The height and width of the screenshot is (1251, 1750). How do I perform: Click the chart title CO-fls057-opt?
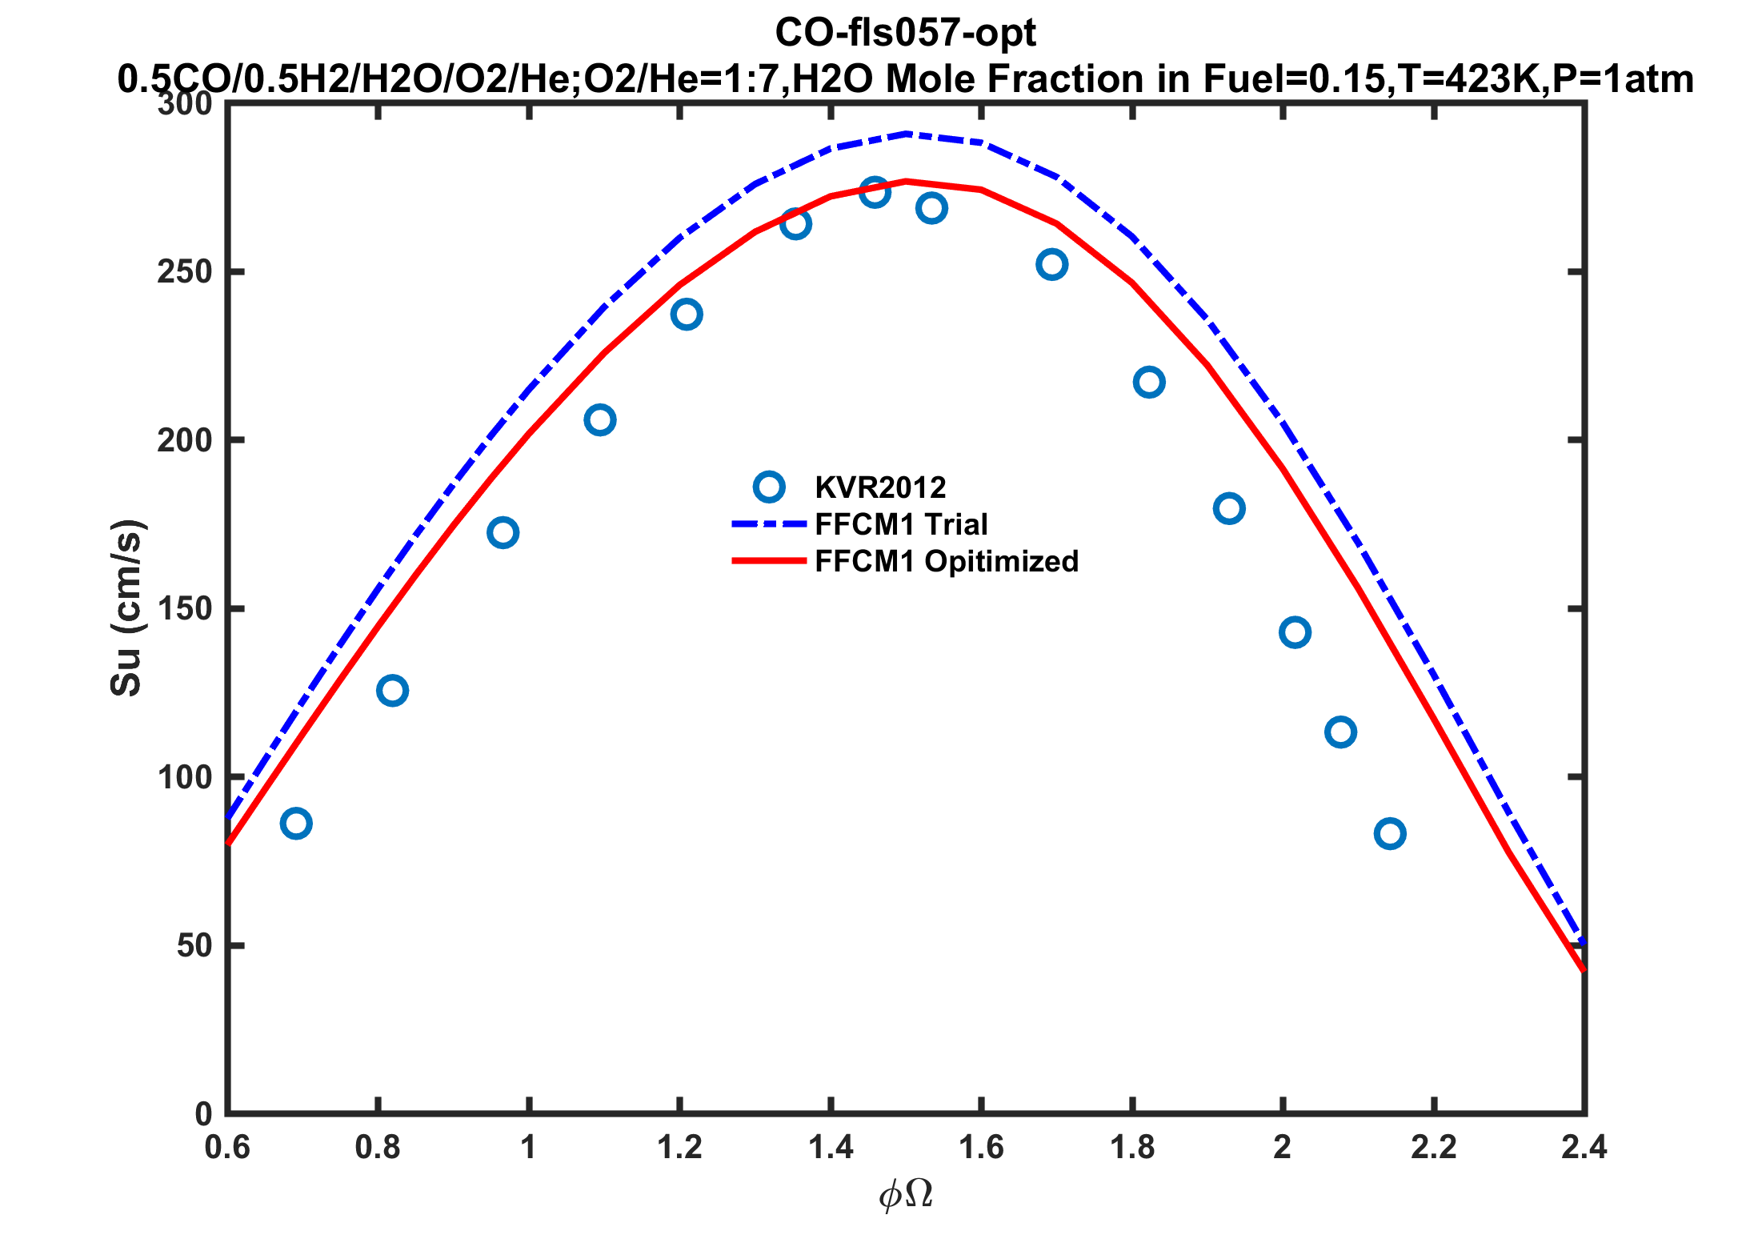[x=905, y=34]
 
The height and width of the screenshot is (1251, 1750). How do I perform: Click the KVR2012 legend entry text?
[x=880, y=487]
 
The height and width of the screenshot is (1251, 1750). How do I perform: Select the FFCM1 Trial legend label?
[x=901, y=524]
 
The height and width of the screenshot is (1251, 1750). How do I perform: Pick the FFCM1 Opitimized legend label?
[x=947, y=561]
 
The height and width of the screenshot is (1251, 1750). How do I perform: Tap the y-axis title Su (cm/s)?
[x=126, y=608]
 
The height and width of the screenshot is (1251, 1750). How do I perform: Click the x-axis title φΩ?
[x=906, y=1195]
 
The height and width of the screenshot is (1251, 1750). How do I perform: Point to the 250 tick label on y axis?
[x=185, y=272]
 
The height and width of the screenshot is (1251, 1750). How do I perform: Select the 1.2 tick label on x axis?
[x=679, y=1148]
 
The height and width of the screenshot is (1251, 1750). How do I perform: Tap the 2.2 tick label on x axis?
[x=1433, y=1148]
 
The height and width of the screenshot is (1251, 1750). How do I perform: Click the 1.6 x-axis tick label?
[x=981, y=1148]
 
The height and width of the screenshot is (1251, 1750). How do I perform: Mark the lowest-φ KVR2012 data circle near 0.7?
[x=296, y=824]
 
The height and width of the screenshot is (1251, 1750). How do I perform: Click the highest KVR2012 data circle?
[x=875, y=192]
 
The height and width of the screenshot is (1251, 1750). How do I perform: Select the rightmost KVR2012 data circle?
[x=1390, y=834]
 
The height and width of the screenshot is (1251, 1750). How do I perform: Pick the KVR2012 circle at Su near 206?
[x=599, y=420]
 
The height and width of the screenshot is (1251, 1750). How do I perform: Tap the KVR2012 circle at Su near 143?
[x=1295, y=632]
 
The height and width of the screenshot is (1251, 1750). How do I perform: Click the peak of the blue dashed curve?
[x=906, y=134]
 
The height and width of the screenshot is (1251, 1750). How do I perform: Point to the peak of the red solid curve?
[x=906, y=181]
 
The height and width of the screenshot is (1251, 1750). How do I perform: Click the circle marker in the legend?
[x=769, y=487]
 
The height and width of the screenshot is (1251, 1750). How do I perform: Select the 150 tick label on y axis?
[x=185, y=609]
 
